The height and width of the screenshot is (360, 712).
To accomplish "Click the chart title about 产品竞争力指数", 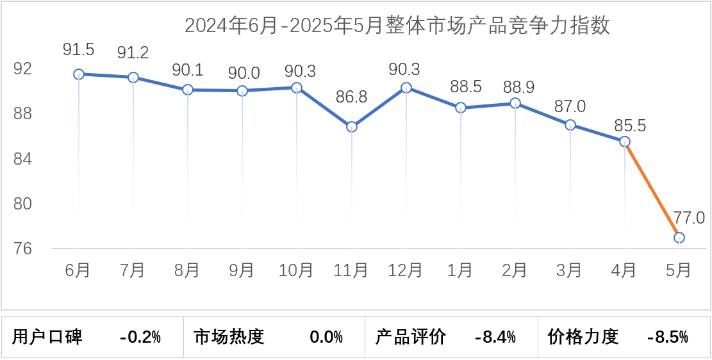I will [397, 26].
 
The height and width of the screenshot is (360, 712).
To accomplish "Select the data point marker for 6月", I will [79, 74].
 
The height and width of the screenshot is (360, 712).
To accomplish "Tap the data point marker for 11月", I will [352, 127].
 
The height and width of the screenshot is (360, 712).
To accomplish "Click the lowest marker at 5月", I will [679, 238].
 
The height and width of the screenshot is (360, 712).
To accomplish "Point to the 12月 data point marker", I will [406, 88].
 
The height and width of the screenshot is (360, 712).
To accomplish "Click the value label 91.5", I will [79, 49].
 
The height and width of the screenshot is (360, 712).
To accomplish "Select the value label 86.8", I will [351, 97].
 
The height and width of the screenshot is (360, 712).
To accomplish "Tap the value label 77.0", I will [689, 218].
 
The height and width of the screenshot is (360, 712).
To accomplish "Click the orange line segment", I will [652, 190].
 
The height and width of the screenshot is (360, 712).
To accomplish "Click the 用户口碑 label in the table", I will [48, 336].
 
